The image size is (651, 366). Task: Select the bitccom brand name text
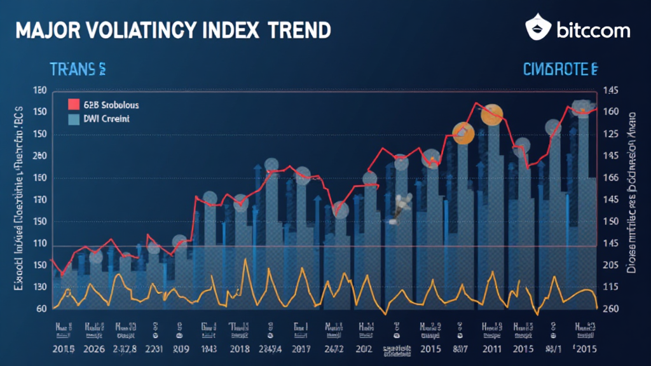coord(593,30)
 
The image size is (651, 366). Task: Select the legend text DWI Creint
coord(106,119)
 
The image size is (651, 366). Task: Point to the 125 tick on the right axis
coord(610,134)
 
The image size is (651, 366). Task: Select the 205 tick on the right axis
coord(610,266)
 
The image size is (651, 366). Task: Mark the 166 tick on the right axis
coord(610,178)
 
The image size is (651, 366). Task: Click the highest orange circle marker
coord(491,115)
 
